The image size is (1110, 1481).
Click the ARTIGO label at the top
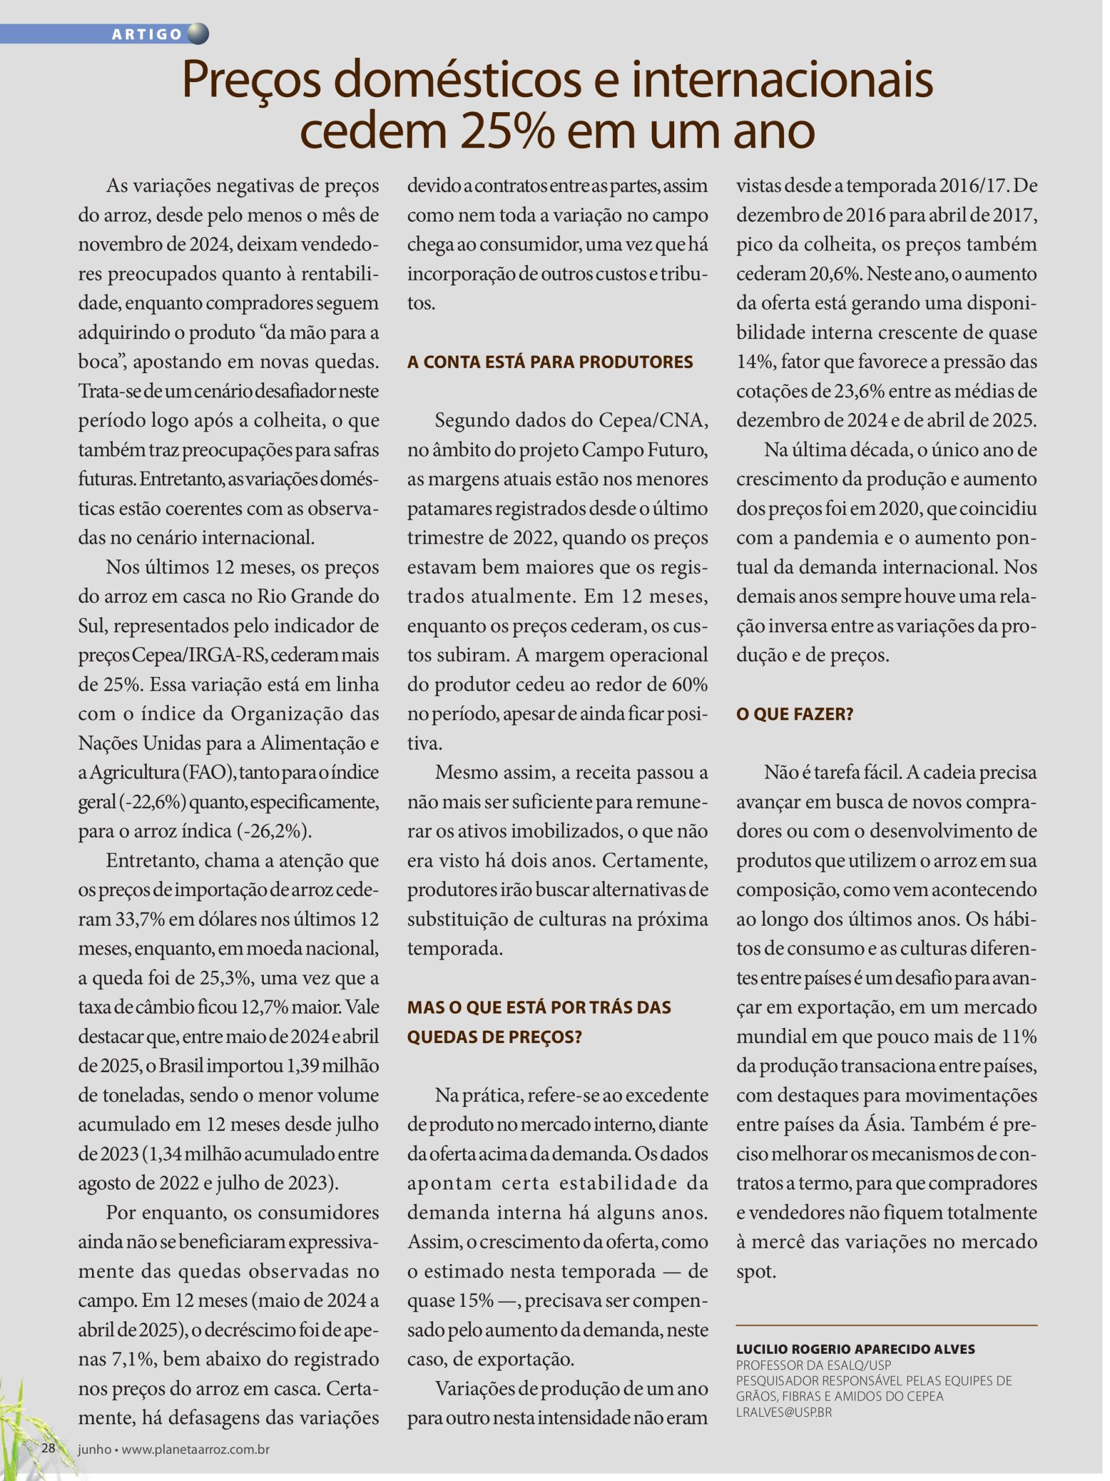(148, 35)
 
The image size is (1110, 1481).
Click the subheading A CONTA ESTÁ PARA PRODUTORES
(550, 362)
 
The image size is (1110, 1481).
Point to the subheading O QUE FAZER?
(795, 714)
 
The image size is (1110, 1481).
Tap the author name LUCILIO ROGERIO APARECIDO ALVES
(855, 1349)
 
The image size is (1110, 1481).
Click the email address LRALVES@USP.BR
(784, 1413)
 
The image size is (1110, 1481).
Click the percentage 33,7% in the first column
(140, 919)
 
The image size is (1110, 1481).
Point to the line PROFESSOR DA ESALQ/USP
(813, 1365)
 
